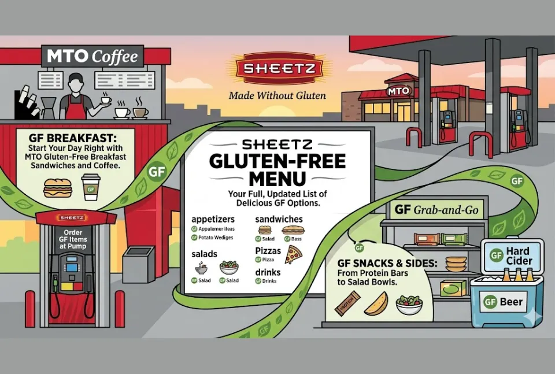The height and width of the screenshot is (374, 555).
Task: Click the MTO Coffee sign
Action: (93, 57)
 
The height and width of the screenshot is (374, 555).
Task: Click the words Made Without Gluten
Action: (277, 95)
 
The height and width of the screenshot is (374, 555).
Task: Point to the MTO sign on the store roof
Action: (399, 91)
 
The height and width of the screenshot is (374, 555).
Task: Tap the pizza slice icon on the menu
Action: (294, 254)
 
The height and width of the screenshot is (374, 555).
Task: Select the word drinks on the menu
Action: (268, 272)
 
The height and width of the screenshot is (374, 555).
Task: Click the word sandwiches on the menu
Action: (279, 220)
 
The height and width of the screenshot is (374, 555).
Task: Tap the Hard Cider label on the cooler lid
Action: (514, 255)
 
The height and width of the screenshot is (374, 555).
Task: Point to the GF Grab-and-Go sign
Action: (437, 210)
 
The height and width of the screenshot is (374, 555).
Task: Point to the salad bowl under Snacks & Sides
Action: (409, 304)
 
